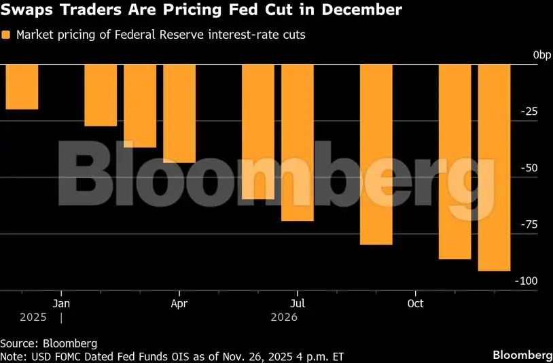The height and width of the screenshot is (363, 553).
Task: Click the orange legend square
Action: [6, 35]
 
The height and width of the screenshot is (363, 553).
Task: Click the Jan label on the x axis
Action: [61, 303]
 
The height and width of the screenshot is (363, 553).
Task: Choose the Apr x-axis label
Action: [179, 303]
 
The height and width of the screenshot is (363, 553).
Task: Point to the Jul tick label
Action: [298, 303]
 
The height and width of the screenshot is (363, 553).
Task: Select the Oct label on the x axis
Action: [416, 303]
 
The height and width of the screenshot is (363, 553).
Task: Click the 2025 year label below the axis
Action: [33, 317]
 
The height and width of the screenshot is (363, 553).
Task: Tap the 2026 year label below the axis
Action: [284, 317]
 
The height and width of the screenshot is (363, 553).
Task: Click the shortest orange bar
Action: [22, 86]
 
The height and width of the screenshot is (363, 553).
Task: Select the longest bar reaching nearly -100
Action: [494, 167]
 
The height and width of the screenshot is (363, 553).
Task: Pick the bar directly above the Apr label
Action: [179, 114]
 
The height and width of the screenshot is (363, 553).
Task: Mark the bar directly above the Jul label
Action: [298, 142]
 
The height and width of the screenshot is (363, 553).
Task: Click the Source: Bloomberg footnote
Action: [48, 343]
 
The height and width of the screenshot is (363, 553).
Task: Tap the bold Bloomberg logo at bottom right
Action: [522, 355]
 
